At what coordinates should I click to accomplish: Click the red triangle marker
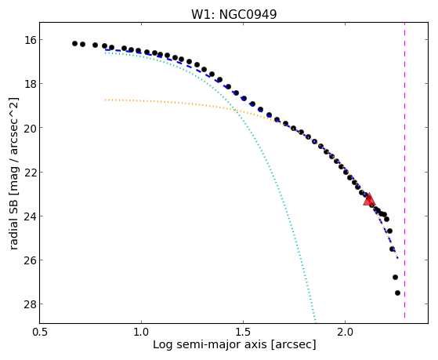coord(369,199)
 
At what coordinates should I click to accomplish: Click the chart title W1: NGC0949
coord(233,15)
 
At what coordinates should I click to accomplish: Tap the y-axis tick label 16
coord(30,40)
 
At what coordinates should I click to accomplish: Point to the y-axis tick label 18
coord(30,84)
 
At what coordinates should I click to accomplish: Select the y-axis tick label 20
coord(30,128)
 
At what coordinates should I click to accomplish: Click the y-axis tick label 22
coord(30,172)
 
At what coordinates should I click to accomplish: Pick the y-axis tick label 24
coord(30,216)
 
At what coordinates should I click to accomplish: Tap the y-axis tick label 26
coord(30,260)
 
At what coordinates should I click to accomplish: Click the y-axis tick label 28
coord(30,304)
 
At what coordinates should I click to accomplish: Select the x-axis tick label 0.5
coord(39,332)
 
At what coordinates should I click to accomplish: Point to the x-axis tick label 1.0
coord(141,332)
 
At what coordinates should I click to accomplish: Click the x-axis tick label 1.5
coord(244,332)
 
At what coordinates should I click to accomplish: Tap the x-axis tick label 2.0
coord(346,332)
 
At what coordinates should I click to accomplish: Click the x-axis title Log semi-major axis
coord(210,344)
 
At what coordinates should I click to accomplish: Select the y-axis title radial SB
coord(13,220)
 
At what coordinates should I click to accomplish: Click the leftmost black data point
coord(74,43)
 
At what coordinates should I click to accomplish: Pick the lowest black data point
coord(397,293)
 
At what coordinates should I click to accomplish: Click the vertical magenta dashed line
coord(404,171)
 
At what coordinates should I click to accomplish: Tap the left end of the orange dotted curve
coord(105,100)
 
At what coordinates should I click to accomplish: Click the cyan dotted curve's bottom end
coord(316,321)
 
